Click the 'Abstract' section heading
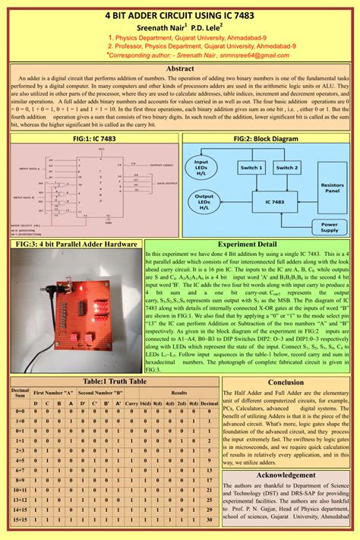point(180,68)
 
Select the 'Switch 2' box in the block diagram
point(286,167)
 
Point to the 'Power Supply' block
point(329,227)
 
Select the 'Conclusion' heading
point(286,383)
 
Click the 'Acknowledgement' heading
point(286,475)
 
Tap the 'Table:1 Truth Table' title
point(114,381)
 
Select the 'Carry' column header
point(131,404)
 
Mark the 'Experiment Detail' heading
point(247,245)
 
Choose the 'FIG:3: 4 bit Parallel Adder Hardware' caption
point(76,245)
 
